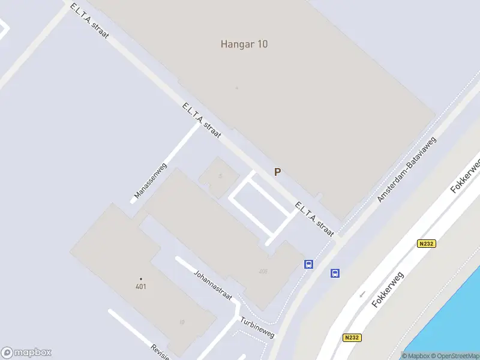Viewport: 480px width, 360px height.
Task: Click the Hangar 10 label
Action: tap(244, 44)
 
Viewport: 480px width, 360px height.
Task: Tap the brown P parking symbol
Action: tap(277, 172)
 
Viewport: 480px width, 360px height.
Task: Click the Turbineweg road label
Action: tap(257, 327)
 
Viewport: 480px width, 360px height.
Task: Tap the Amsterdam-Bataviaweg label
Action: tap(407, 169)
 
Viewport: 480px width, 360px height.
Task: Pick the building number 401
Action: tap(141, 286)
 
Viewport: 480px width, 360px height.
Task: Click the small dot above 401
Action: tap(141, 278)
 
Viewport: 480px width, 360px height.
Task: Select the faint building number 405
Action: tap(263, 272)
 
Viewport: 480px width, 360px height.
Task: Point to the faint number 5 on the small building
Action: tap(220, 176)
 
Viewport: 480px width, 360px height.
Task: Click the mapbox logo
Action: tap(26, 352)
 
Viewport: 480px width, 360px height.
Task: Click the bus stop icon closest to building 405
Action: tap(309, 264)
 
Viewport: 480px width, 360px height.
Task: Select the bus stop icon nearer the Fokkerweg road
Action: tap(335, 273)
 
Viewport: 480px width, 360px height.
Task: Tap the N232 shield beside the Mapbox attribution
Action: tap(352, 338)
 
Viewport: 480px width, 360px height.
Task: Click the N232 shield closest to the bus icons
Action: tap(427, 243)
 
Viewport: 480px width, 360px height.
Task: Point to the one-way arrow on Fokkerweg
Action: tap(362, 294)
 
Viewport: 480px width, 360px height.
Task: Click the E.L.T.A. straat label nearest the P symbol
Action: tap(314, 220)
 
